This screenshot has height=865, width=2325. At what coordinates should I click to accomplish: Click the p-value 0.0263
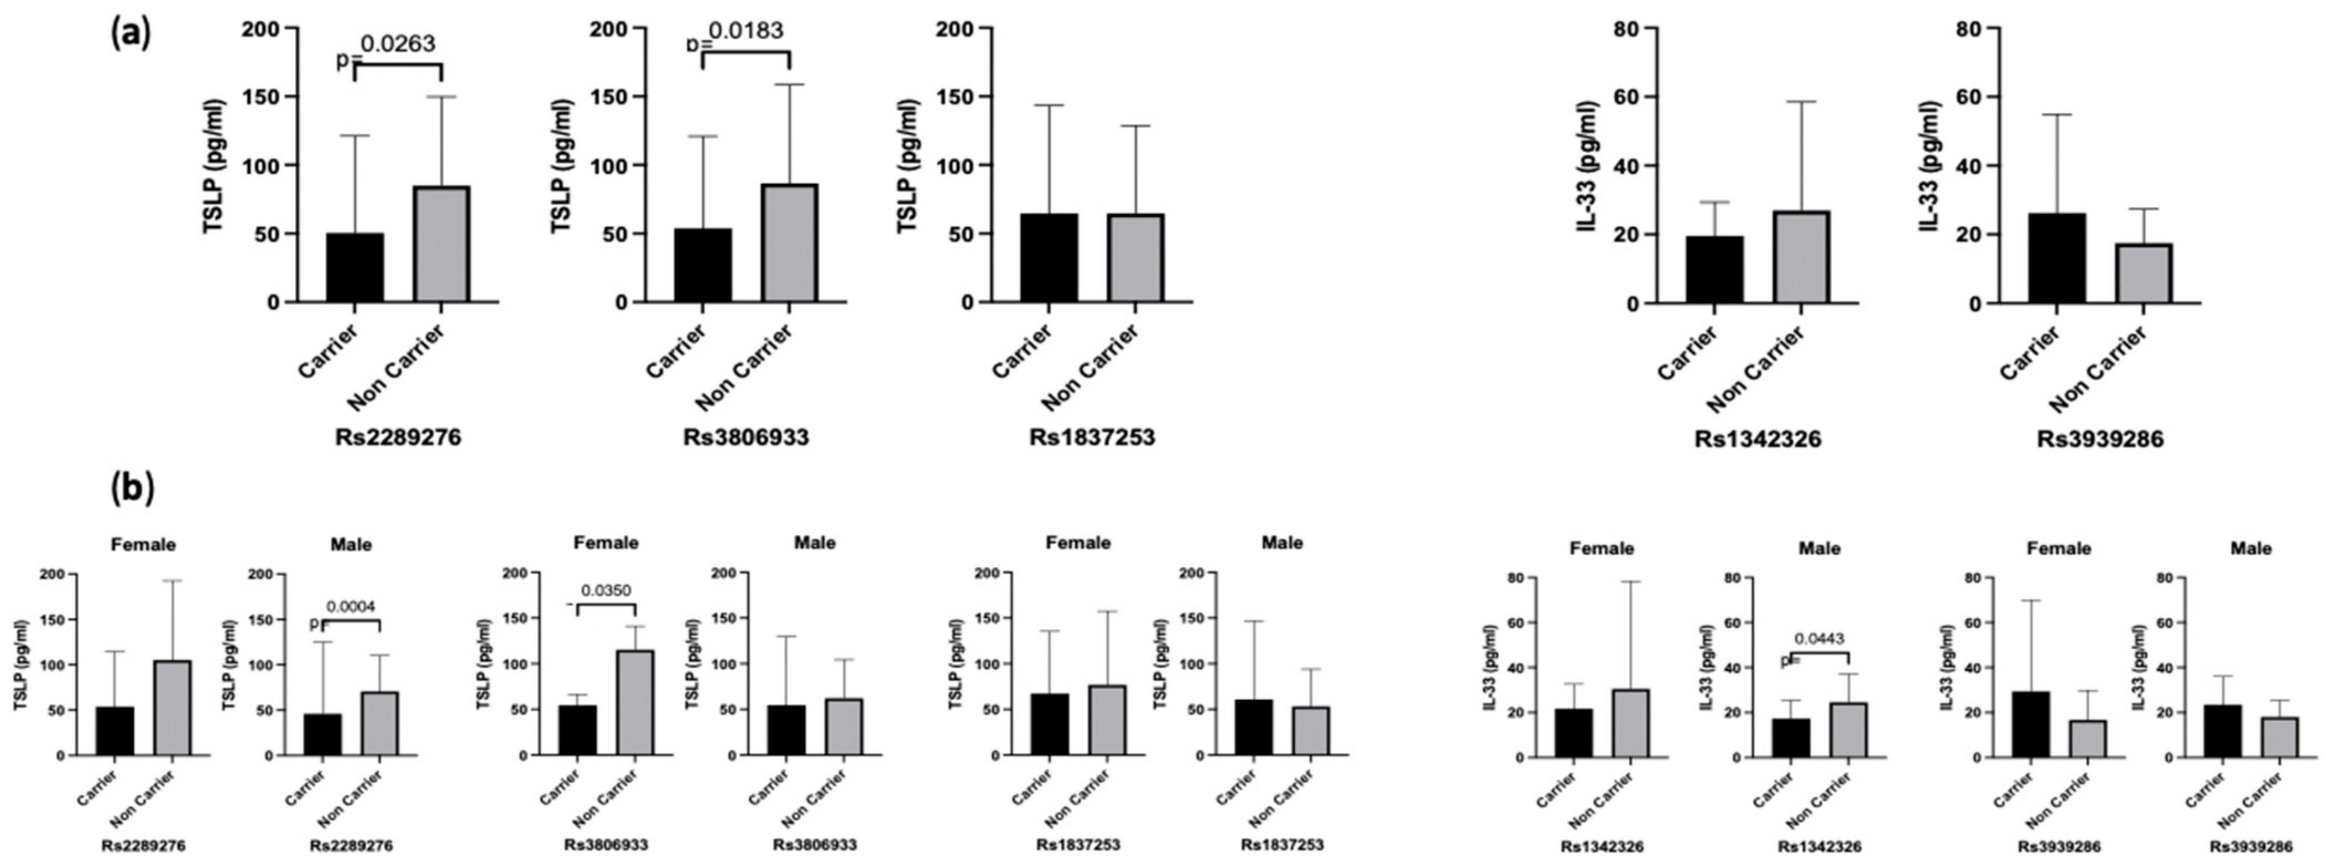click(x=398, y=43)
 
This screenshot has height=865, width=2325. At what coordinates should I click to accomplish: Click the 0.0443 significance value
click(x=1818, y=639)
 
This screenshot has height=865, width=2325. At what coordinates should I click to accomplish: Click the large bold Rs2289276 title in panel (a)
click(x=398, y=438)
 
